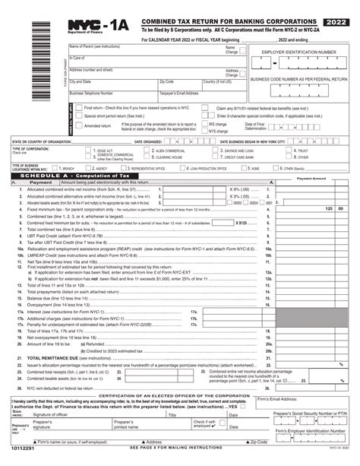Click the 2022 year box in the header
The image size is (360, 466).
point(339,8)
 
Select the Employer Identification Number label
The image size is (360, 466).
point(298,52)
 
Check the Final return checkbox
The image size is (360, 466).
point(79,108)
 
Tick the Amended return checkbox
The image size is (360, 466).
point(79,125)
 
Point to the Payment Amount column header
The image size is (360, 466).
point(312,178)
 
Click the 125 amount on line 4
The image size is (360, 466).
point(329,208)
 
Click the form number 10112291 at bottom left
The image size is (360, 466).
point(27,459)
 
